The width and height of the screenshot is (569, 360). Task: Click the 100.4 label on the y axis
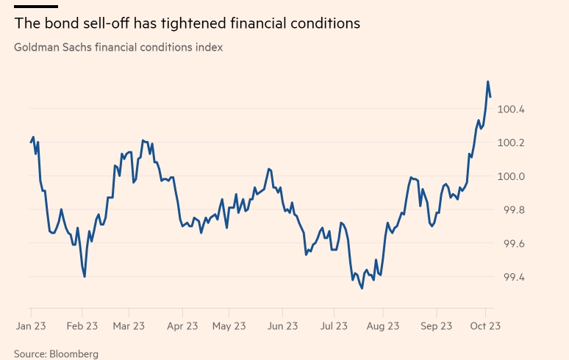pos(512,109)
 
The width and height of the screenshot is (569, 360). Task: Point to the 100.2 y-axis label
pos(512,143)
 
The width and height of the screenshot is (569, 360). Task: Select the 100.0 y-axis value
pos(512,177)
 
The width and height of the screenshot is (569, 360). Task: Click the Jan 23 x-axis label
pos(31,325)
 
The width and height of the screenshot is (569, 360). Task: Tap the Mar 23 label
pos(130,325)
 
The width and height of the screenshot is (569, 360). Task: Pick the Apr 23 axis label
pos(182,325)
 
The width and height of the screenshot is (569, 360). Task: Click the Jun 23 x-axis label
pos(282,325)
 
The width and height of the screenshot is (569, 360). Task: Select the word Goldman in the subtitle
pos(37,47)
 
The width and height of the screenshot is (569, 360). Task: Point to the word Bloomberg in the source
pos(74,353)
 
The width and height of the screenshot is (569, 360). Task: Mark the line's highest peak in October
pos(488,82)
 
